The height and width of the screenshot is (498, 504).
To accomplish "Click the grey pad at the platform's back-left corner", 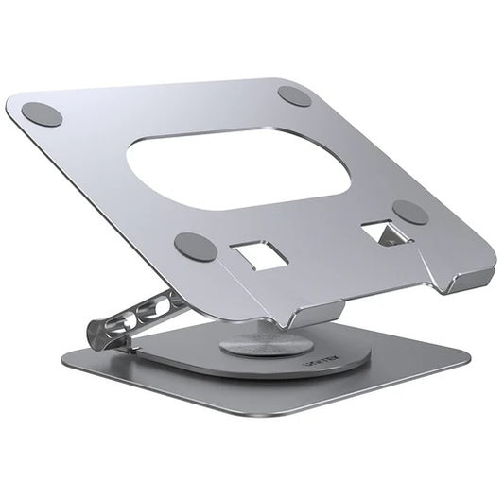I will (42, 114).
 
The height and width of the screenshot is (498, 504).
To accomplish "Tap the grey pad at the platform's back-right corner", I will (295, 95).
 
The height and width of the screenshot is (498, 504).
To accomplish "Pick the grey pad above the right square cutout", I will (410, 212).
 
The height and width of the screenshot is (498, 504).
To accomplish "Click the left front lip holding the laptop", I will (312, 308).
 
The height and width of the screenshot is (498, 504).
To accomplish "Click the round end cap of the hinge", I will (98, 333).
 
